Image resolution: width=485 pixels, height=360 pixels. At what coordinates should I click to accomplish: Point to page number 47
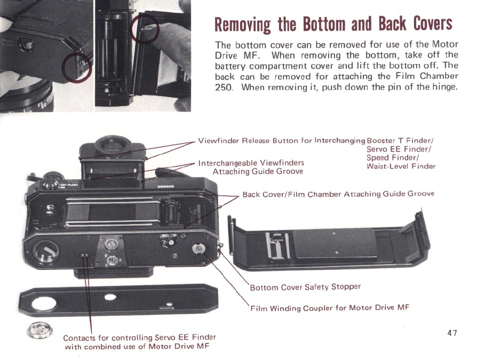(452, 333)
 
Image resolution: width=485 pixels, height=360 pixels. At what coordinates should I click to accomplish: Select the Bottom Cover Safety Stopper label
(305, 287)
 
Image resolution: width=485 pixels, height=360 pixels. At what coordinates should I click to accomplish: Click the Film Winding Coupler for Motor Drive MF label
(330, 308)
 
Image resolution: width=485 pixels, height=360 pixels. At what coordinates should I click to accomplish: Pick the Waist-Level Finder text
(401, 166)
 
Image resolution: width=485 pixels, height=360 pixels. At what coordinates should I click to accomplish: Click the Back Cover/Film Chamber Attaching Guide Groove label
(338, 194)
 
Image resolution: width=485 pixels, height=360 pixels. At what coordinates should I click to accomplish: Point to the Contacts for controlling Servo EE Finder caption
(139, 338)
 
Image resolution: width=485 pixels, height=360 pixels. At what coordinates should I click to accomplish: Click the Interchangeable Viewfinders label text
(251, 163)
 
